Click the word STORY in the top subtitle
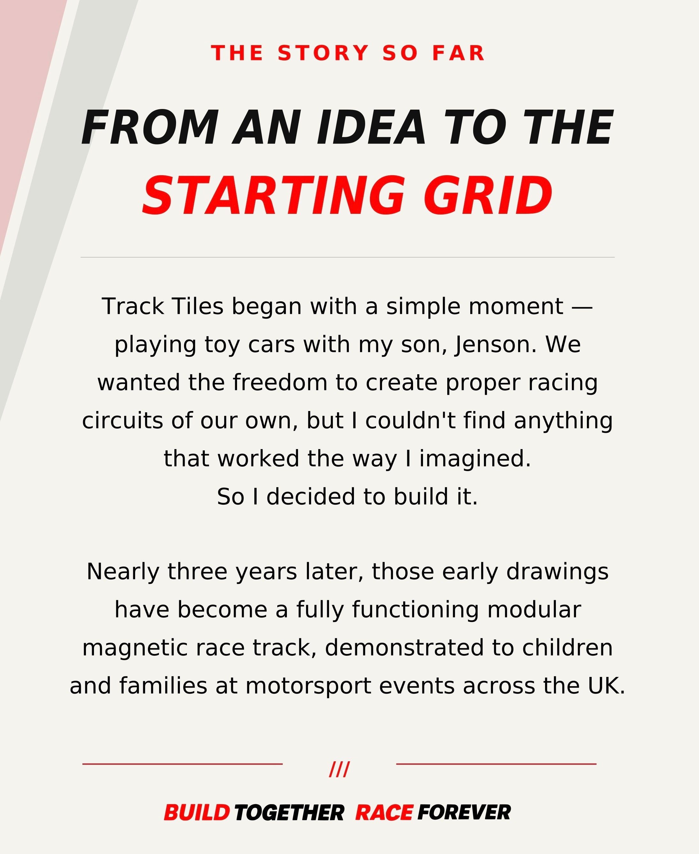[x=323, y=53]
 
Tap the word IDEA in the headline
[x=371, y=128]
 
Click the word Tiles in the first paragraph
[x=197, y=307]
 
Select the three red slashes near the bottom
[x=339, y=769]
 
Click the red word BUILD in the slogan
[x=197, y=812]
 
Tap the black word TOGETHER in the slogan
[x=289, y=812]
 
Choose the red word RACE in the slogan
[x=384, y=812]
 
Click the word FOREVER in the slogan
[x=464, y=812]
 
